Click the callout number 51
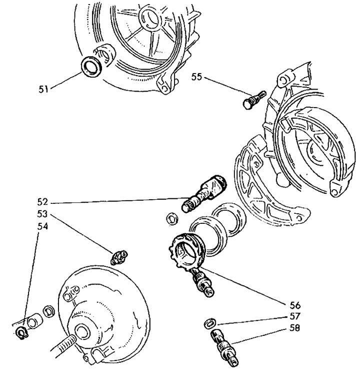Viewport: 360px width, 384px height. click(43, 89)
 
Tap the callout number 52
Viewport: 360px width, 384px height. click(42, 202)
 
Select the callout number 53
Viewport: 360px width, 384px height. click(42, 214)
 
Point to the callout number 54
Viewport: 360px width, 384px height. click(42, 226)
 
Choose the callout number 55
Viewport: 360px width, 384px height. click(196, 77)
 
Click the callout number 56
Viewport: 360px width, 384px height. click(295, 305)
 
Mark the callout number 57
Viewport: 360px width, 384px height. click(294, 316)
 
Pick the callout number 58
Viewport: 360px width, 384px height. click(294, 327)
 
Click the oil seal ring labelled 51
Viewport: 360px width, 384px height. click(90, 67)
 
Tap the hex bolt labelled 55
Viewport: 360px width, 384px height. click(254, 100)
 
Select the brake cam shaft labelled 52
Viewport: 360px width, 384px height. click(204, 193)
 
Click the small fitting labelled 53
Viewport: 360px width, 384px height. click(119, 257)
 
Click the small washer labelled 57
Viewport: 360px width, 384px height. click(210, 323)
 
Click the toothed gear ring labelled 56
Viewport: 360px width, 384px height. click(186, 252)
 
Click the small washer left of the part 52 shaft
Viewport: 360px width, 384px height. click(172, 218)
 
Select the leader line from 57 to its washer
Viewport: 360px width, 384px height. click(252, 320)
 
